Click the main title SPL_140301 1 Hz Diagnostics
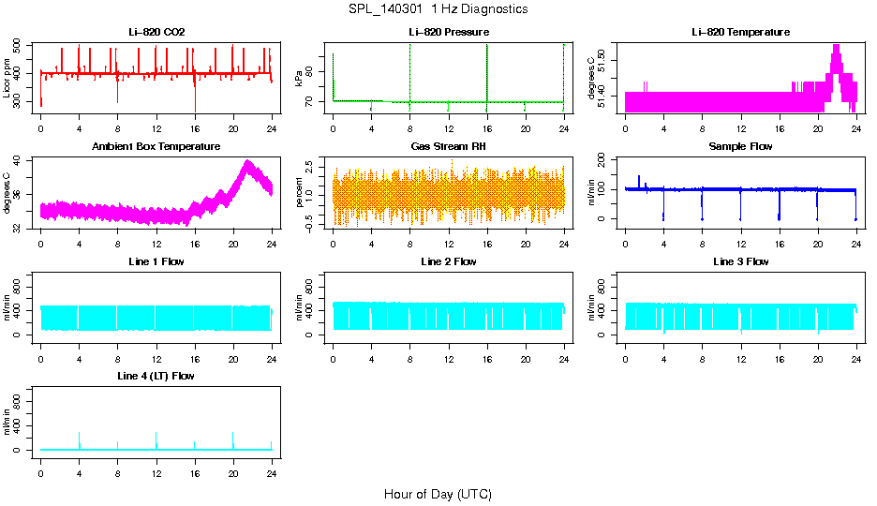point(438,9)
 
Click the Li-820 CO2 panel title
point(156,33)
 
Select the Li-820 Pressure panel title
point(448,33)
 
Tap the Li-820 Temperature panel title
point(740,33)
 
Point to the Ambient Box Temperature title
point(156,147)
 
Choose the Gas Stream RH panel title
point(448,147)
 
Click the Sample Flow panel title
point(740,147)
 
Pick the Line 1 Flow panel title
point(156,261)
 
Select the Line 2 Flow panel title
point(448,261)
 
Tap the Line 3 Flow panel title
point(740,261)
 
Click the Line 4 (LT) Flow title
point(156,376)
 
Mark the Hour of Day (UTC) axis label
point(438,494)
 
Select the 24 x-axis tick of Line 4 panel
point(272,466)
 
